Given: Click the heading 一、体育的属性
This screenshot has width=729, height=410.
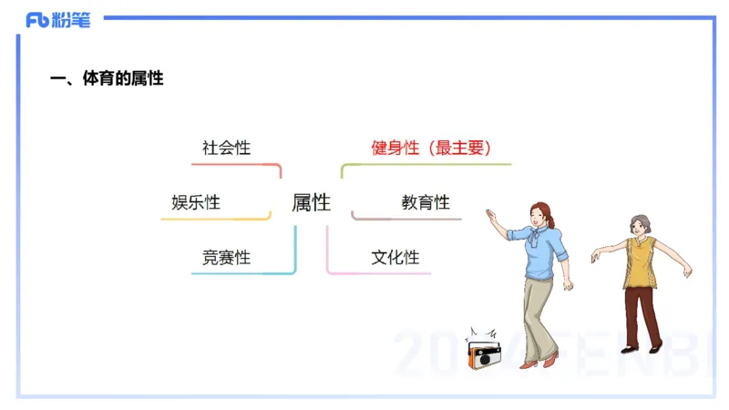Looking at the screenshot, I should pyautogui.click(x=107, y=78).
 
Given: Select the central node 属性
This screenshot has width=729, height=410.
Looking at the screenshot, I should pyautogui.click(x=311, y=202).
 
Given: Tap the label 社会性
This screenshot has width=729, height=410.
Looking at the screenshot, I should pyautogui.click(x=226, y=148).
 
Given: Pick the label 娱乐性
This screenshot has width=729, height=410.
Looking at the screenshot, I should pyautogui.click(x=196, y=202).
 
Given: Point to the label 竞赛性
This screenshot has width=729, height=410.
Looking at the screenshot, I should pyautogui.click(x=226, y=258).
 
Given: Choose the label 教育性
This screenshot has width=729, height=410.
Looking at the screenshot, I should pyautogui.click(x=426, y=202).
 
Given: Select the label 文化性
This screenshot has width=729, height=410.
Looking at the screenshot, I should pyautogui.click(x=395, y=258).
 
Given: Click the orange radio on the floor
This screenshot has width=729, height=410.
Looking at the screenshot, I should pyautogui.click(x=482, y=354).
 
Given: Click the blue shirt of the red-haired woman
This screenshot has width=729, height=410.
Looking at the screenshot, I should pyautogui.click(x=543, y=254).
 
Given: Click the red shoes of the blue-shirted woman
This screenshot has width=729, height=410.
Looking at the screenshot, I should pyautogui.click(x=539, y=364).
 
